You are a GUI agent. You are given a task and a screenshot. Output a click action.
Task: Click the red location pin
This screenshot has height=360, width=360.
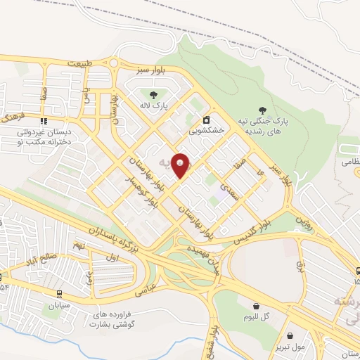pyautogui.click(x=181, y=165)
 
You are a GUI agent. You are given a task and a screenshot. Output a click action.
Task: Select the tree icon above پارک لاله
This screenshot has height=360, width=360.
pyautogui.click(x=153, y=93)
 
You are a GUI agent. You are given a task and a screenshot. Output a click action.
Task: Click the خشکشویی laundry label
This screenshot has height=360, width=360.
pyautogui.click(x=207, y=131)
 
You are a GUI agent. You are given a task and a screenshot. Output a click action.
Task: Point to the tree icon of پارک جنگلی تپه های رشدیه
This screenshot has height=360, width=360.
pyautogui.click(x=262, y=110)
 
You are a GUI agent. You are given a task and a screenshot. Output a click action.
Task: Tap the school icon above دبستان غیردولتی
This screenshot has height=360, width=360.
pyautogui.click(x=44, y=120)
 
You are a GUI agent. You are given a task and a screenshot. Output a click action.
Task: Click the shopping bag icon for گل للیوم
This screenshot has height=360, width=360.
pyautogui.click(x=257, y=306)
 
